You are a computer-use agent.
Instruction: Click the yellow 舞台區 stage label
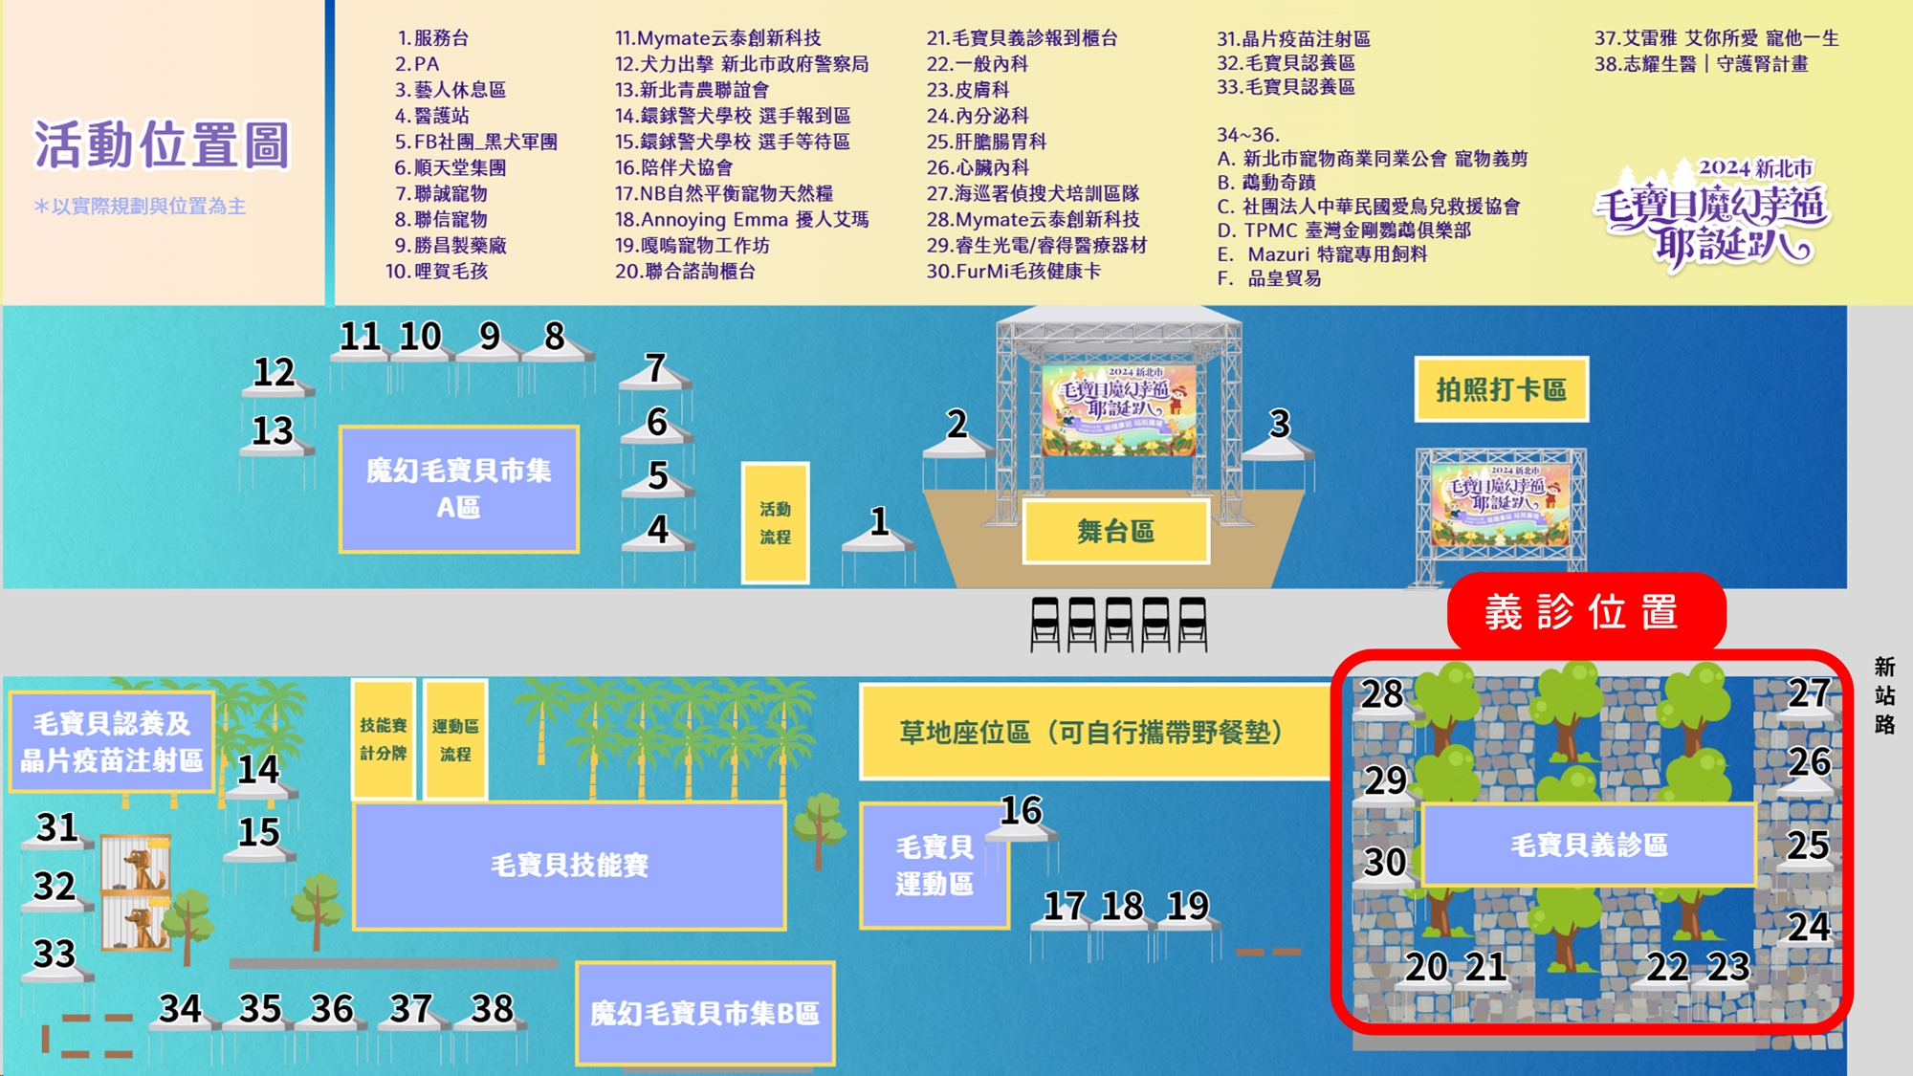1115,532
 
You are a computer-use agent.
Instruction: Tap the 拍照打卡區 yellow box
1501,389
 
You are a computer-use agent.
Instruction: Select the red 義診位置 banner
1585,612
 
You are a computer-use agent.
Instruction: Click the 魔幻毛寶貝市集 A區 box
459,489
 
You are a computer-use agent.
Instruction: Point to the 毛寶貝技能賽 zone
569,865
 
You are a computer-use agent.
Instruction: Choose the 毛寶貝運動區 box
934,865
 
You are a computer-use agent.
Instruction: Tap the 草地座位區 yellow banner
1090,733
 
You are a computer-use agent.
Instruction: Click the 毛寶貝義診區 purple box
1589,845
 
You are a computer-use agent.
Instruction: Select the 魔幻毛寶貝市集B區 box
705,1013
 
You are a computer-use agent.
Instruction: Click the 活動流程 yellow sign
775,522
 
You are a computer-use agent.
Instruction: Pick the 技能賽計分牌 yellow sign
383,738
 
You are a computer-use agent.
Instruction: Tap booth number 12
275,373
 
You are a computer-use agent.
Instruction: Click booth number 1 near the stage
879,523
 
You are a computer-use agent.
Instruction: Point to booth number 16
1021,811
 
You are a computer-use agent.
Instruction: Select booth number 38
493,1009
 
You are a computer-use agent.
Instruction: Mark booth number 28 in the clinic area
1382,695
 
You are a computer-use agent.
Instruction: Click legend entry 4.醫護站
432,116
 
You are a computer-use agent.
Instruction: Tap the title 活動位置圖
162,145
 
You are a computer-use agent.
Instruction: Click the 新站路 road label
1884,695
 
